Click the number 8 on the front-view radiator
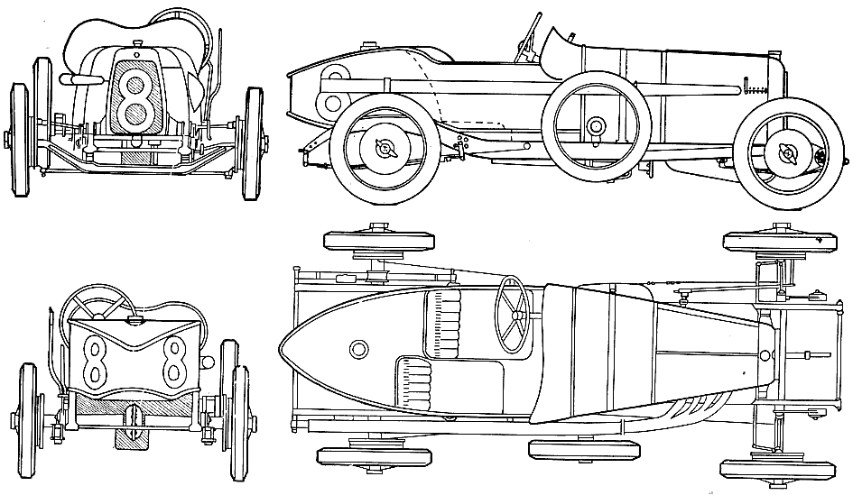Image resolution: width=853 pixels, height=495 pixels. pos(136,100)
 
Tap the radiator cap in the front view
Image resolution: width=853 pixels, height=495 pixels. pos(137,43)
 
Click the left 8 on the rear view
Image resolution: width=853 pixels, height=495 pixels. pos(94,360)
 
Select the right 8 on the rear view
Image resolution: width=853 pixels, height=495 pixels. pos(174,359)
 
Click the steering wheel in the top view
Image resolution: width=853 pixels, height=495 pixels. pos(513,315)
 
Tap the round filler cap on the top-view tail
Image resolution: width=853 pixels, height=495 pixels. pos(358,348)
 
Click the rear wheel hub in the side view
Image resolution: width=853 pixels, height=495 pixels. pos(385,147)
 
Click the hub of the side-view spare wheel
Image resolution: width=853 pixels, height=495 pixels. pos(597,126)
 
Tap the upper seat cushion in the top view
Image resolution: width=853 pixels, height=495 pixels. pos(442,325)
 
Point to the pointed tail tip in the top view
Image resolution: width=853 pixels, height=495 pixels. pos(279,348)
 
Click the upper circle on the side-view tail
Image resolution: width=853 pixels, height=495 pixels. pos(335,73)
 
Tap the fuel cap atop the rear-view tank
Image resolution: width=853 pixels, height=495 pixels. pos(131,321)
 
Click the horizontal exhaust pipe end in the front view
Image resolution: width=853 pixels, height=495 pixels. pos(81,79)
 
